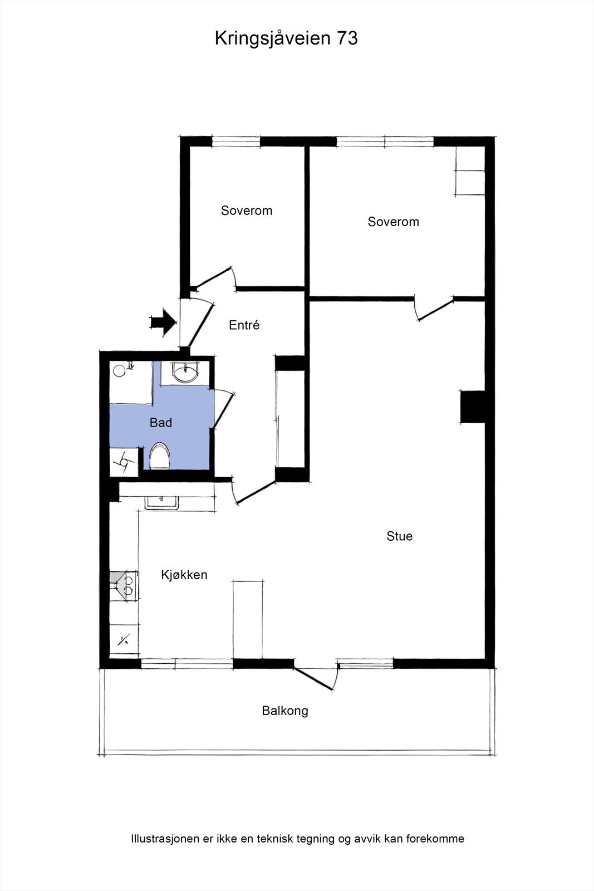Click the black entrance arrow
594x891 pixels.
click(x=163, y=322)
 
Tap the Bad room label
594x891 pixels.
click(x=161, y=423)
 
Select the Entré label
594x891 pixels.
click(x=244, y=325)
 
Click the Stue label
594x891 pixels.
click(x=399, y=536)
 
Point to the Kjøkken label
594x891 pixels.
click(x=184, y=575)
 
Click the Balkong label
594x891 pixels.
click(x=284, y=711)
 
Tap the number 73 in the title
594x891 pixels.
click(x=347, y=38)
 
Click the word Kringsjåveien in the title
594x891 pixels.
click(x=273, y=38)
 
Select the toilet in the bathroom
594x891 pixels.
click(x=159, y=456)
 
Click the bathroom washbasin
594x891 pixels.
click(x=185, y=372)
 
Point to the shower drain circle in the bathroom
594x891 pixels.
click(x=119, y=371)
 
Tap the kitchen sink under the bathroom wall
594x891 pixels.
click(x=162, y=503)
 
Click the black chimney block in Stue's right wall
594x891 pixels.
click(x=472, y=407)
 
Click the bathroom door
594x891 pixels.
click(x=223, y=410)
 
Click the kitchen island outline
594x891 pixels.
click(x=248, y=619)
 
